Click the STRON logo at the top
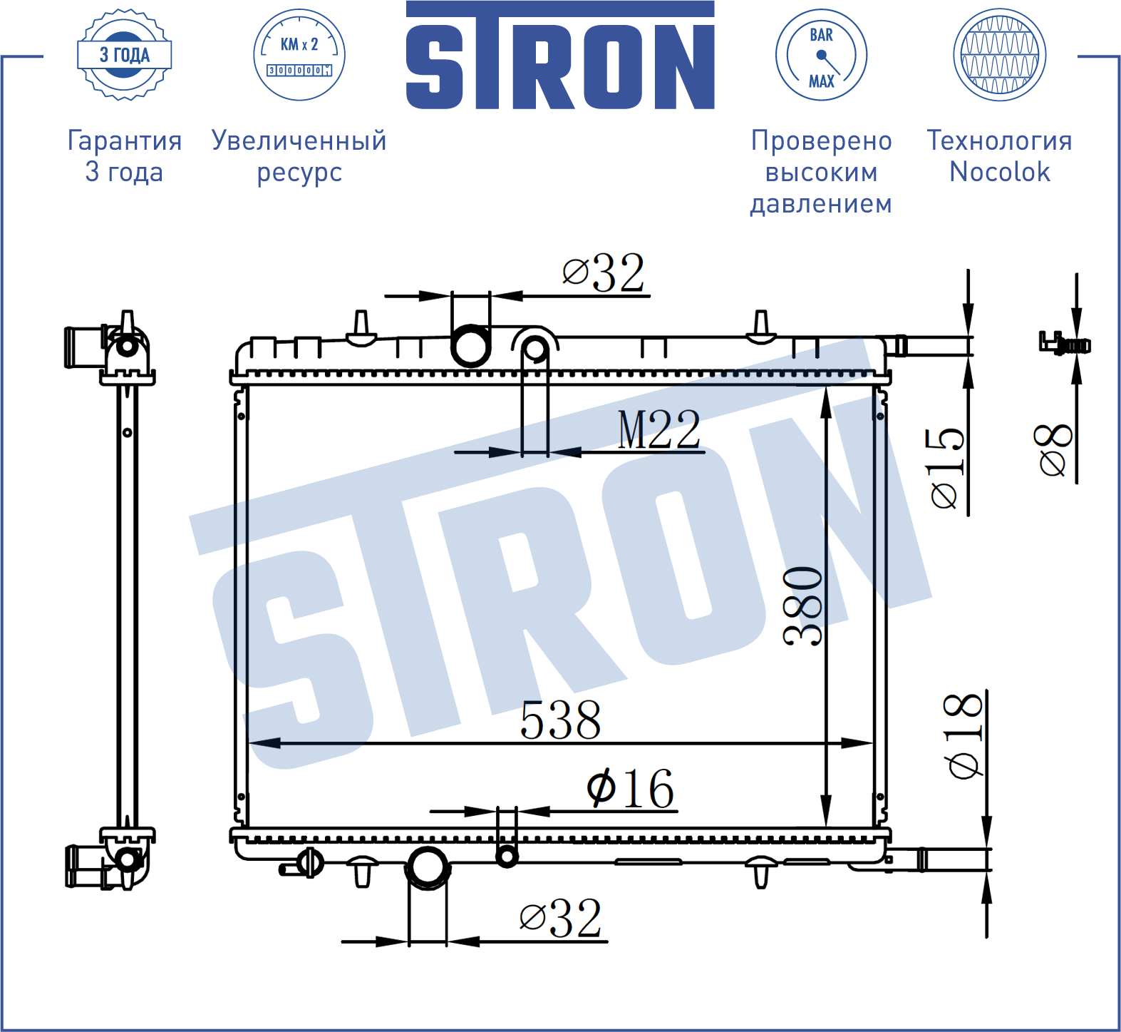(560, 55)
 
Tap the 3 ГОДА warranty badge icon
(125, 55)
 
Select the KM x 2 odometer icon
(299, 55)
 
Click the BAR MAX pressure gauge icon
(821, 55)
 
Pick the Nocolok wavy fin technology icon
(1000, 55)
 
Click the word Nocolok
(1000, 172)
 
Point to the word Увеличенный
(299, 141)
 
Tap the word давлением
(821, 204)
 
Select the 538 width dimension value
(561, 720)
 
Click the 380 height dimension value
(803, 606)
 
